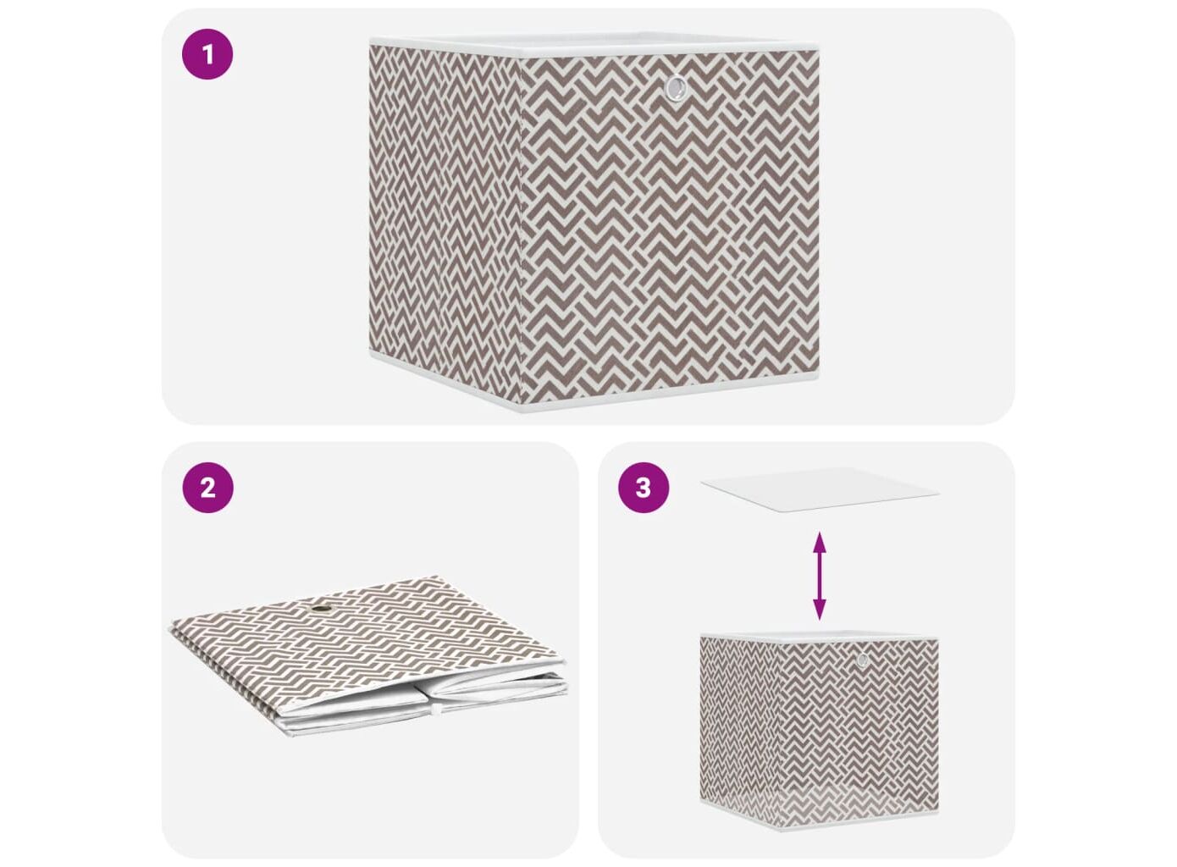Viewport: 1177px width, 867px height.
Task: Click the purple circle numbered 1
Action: pos(207,54)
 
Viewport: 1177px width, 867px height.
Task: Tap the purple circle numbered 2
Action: pos(207,488)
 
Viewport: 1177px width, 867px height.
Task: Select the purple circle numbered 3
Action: pos(644,488)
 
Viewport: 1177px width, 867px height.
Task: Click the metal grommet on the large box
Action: pos(675,88)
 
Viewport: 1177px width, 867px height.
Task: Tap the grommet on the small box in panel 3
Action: pos(862,660)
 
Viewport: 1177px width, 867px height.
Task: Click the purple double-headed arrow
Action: pos(819,576)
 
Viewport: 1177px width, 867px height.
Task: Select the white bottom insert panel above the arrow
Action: pos(820,489)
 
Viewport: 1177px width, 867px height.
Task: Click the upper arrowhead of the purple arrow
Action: pos(819,541)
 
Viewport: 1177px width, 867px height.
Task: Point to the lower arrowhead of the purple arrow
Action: pos(819,610)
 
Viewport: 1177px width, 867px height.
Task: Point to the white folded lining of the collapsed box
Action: pos(420,702)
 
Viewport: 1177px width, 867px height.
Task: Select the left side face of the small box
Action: pos(740,728)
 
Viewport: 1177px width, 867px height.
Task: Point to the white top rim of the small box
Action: pos(820,637)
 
